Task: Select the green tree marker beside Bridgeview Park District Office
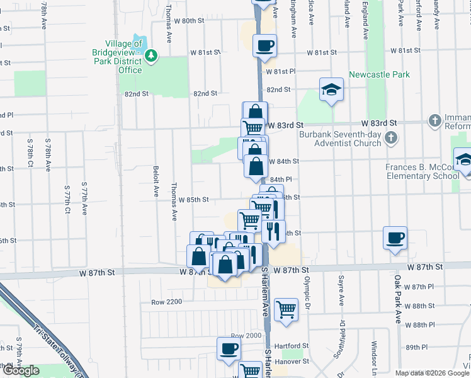pos(151,57)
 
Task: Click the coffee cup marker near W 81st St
pos(264,46)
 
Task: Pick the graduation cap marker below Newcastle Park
pos(331,90)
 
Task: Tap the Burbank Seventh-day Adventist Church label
pos(339,139)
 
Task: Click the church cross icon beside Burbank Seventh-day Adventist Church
pos(391,137)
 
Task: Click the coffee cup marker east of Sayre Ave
pos(395,238)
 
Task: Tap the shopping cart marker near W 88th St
pos(287,309)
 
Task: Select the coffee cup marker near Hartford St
pos(229,348)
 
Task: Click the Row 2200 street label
pos(166,302)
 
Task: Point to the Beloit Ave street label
pos(156,182)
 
